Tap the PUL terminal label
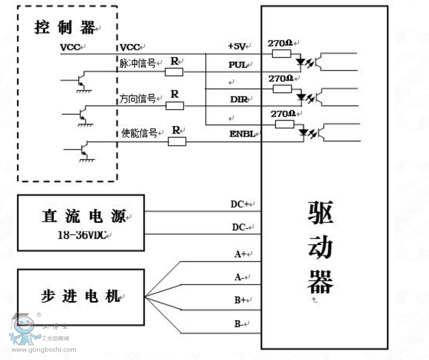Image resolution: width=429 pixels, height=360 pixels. [238, 65]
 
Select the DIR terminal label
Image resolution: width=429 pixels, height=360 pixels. [238, 100]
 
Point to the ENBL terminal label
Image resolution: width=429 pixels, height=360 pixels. [241, 134]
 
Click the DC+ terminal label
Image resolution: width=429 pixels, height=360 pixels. [240, 204]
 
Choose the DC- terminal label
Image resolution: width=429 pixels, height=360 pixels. [240, 227]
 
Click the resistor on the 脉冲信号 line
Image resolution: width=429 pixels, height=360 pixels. [174, 72]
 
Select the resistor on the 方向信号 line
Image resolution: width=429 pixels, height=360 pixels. [174, 105]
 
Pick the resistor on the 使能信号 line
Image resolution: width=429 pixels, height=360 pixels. [177, 142]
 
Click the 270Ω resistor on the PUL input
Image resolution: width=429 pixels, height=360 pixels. [282, 53]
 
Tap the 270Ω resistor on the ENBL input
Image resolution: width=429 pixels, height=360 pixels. [284, 124]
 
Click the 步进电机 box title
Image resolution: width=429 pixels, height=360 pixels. [81, 295]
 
